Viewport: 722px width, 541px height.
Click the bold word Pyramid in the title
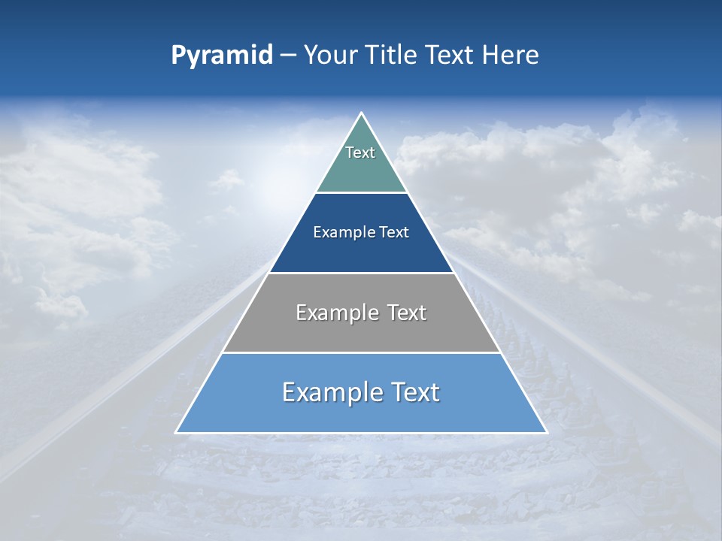221,56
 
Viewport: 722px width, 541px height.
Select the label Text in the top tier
360,153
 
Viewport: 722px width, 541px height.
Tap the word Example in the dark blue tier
338,232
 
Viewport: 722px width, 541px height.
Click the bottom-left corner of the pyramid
177,432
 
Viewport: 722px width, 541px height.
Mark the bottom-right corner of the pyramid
545,432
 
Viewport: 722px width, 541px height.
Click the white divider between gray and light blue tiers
361,352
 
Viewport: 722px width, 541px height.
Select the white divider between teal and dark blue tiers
361,192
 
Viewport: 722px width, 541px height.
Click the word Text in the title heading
447,56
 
